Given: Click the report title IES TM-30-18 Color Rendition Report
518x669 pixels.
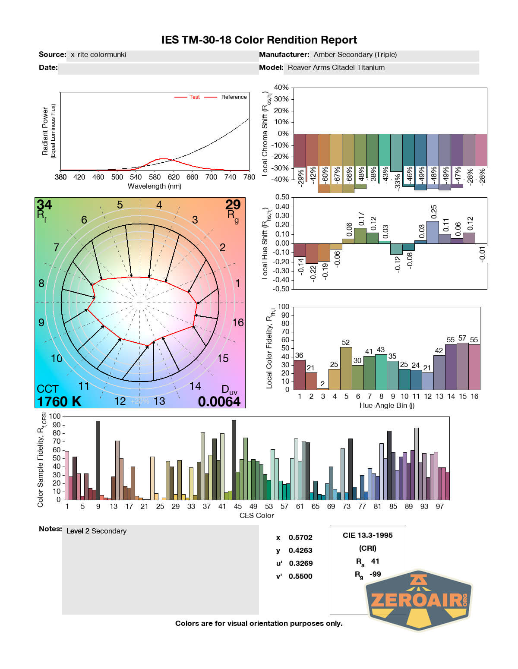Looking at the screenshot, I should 259,40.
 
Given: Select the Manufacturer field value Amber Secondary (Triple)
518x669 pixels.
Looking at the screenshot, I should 355,55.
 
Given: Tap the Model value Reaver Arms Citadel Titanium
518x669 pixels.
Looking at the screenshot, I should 336,68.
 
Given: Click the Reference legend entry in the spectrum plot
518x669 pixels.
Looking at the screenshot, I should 234,97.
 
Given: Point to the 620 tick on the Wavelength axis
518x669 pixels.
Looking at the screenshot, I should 174,177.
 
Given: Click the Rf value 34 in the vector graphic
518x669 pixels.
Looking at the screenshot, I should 44,205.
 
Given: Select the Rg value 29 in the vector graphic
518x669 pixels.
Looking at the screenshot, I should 233,205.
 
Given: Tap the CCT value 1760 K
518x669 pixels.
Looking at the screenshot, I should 59,402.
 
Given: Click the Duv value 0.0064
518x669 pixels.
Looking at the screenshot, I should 219,402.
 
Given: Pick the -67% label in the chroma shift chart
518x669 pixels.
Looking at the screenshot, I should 337,176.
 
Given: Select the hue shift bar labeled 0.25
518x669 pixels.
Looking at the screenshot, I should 433,232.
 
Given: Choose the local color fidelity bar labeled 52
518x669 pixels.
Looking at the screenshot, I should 346,368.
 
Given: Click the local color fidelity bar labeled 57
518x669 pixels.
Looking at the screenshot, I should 462,366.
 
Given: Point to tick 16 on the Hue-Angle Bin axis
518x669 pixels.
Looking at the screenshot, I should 474,397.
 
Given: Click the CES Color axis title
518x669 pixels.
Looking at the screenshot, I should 256,516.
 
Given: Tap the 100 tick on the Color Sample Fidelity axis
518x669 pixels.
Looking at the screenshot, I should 55,417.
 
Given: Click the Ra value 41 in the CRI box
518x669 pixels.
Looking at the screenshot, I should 375,562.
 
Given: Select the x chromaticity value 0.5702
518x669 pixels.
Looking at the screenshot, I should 300,538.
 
